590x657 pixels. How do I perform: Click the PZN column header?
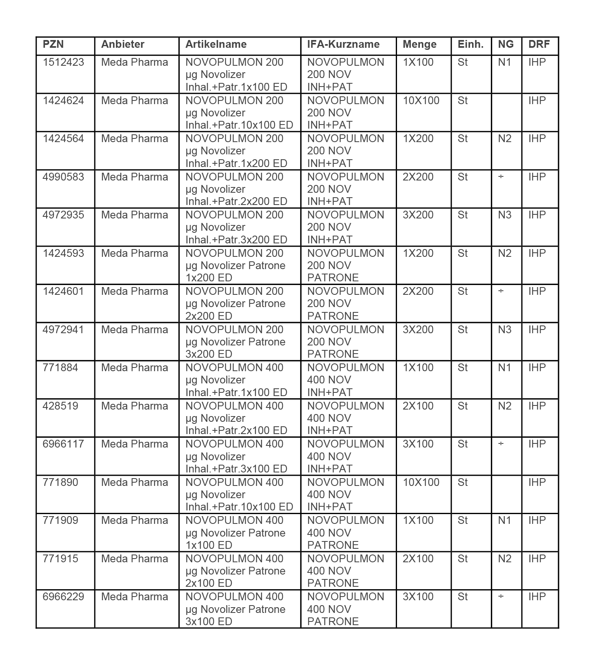53,45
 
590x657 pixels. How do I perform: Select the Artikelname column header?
216,45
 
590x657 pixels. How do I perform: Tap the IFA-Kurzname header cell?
343,45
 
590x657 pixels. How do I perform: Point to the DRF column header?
539,45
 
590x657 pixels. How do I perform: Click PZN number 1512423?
63,62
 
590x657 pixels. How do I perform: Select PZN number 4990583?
63,177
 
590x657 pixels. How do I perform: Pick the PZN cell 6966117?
63,444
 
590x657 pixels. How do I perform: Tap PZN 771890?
60,483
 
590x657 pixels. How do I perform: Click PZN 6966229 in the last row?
63,597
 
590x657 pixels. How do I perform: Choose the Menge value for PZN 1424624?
421,101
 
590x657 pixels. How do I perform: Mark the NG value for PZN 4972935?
505,215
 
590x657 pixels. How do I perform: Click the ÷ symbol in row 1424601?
501,292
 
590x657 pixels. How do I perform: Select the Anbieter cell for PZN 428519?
135,406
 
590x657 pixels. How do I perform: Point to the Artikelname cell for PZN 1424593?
235,265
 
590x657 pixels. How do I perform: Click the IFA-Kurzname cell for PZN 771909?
346,533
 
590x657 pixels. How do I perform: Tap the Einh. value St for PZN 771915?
463,559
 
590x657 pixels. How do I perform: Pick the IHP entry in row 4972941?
537,330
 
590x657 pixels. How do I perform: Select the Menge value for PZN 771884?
418,368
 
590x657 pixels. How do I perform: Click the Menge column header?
419,45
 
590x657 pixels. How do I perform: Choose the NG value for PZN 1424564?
505,139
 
